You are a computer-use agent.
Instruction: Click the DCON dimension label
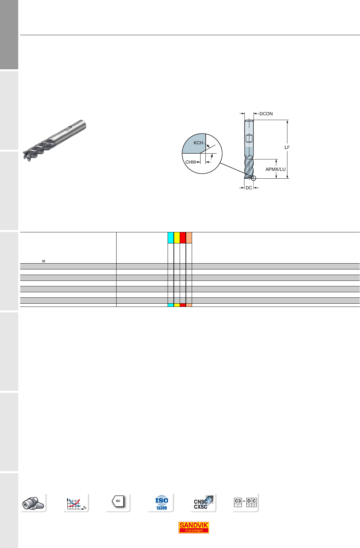click(266, 114)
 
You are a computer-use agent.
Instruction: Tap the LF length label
click(287, 147)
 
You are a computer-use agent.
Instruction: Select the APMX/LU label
click(275, 169)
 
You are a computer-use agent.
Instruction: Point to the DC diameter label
click(249, 188)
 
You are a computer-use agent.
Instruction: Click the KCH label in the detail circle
click(199, 143)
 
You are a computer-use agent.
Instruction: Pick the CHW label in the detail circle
click(191, 162)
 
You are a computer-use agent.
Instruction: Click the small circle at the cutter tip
click(253, 178)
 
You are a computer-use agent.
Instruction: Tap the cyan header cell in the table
click(171, 238)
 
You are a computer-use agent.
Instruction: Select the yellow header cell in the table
click(177, 238)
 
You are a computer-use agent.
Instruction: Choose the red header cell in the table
click(183, 238)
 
